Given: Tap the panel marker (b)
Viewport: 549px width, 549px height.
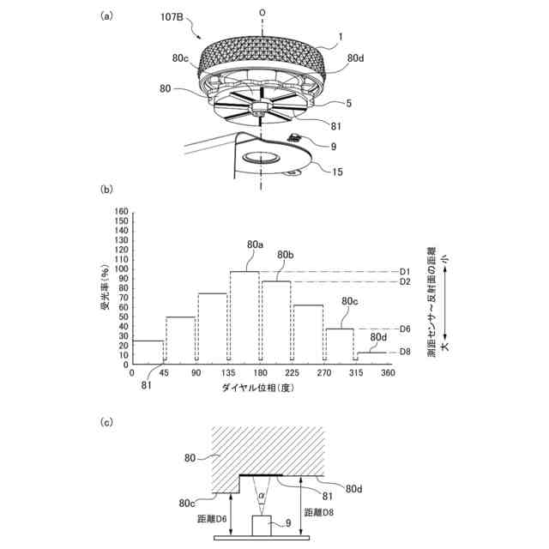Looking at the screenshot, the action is coord(107,190).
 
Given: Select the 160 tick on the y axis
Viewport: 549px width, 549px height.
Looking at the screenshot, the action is coord(122,212).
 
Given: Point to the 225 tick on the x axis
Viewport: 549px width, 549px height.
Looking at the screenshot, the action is coord(292,373).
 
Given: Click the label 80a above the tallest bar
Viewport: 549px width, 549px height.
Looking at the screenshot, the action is coord(255,245).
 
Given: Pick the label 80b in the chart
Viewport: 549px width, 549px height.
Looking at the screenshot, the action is coord(286,255).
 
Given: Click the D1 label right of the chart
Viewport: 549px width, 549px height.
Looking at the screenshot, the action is coord(406,271).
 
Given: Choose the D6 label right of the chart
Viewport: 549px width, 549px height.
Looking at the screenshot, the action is coord(406,329).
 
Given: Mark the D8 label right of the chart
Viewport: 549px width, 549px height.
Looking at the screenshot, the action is coord(406,352).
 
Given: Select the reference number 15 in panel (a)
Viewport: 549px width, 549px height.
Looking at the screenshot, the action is coord(340,171).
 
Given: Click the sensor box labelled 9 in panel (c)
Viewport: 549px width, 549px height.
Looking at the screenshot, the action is coord(261,523).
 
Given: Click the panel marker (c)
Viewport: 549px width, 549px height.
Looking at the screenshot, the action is coord(107,421).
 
